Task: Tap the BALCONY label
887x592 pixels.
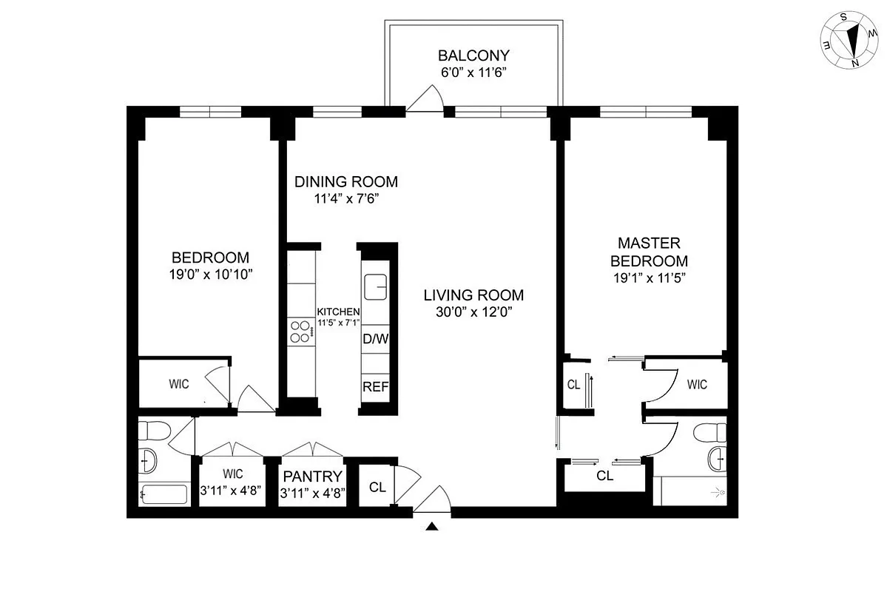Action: pos(473,55)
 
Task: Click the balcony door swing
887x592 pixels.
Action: pos(426,99)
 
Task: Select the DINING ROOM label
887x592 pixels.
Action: pos(346,182)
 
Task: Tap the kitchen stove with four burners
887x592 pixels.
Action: pos(300,331)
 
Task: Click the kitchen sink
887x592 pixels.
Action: pos(377,285)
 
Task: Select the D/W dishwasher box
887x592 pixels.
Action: pos(375,339)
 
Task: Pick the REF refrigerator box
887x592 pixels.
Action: pos(375,386)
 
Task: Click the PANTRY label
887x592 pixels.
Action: pos(311,477)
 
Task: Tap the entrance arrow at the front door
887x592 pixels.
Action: pos(433,526)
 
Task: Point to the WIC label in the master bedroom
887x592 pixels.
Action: pos(696,385)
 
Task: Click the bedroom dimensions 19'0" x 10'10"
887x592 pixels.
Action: pos(210,274)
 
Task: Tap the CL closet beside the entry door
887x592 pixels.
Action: pos(377,487)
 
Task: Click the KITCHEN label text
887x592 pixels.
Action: pos(338,312)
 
